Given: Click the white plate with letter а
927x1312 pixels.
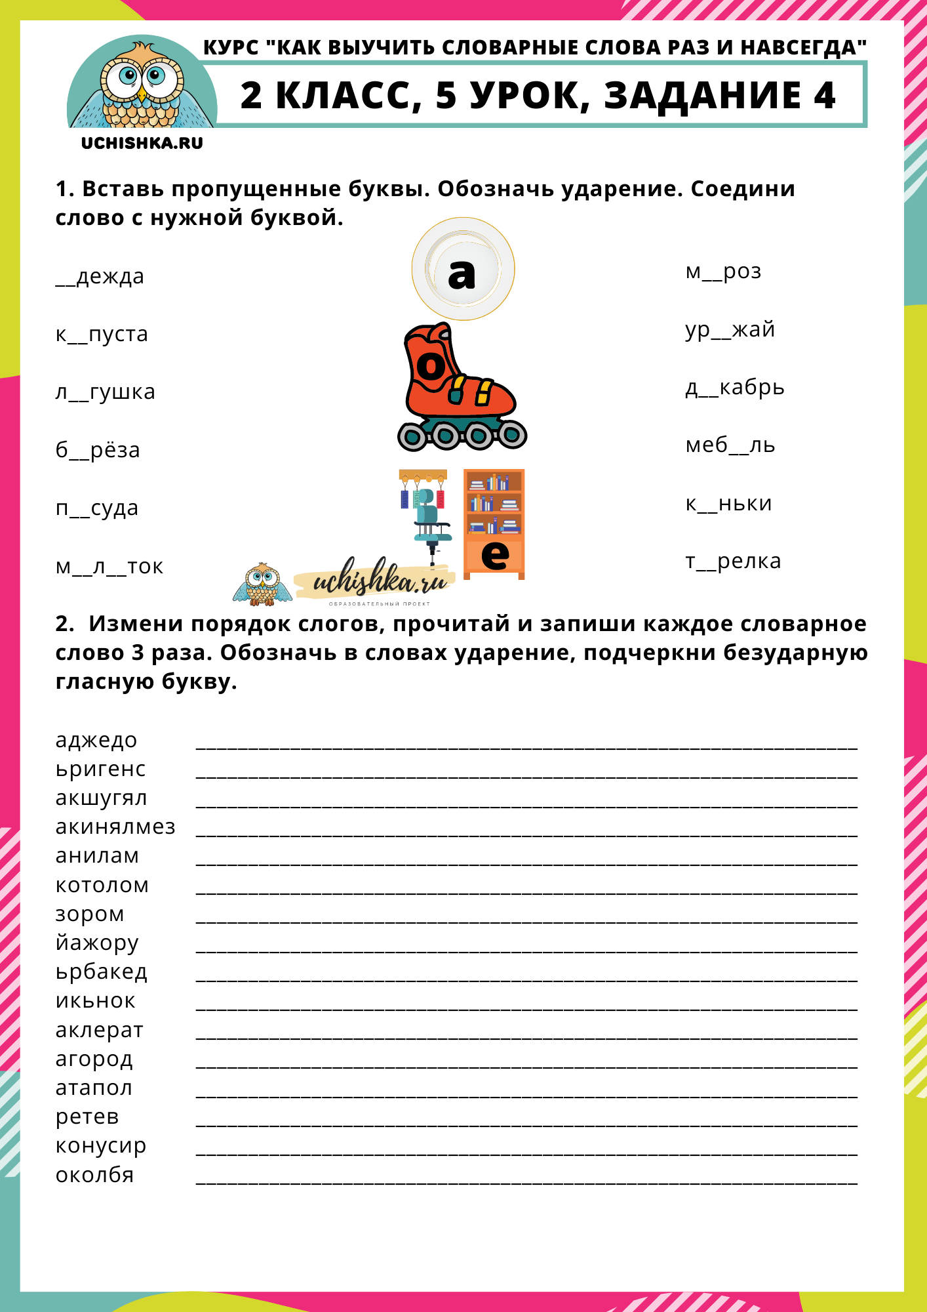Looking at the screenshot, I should pos(463,269).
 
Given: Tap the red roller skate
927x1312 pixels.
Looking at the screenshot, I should pos(462,387).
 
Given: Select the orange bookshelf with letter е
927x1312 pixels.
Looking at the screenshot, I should pos(494,523).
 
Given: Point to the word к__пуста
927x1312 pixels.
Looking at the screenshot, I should pos(102,335).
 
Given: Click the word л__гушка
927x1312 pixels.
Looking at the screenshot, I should pos(105,392).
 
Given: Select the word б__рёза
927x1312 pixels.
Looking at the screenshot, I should pos(98,450).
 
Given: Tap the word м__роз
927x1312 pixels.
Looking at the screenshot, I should pos(723,272).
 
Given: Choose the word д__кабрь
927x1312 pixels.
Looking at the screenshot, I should pos(734,388).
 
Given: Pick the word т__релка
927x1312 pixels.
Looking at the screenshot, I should pos(733,562).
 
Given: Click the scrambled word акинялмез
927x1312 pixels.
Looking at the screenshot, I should pos(115,827).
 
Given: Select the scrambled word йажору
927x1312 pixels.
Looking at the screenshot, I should pos(97,943).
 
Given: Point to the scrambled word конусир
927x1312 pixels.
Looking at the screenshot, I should pos(101,1145).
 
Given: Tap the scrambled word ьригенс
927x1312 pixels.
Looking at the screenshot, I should pos(100,769).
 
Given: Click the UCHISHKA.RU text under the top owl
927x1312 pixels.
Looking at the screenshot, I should pos(142,143).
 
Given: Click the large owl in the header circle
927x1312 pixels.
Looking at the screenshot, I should pos(142,85).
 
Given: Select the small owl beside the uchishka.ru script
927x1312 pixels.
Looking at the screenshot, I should pos(262,584).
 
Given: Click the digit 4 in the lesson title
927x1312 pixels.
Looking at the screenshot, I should pos(824,96).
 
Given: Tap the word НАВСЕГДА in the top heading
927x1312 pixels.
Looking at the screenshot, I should pos(803,48).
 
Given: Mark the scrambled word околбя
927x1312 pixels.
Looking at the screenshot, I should pos(94,1175).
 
